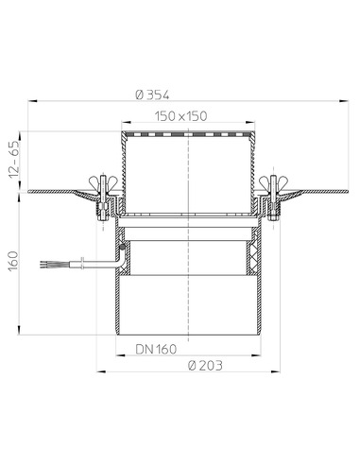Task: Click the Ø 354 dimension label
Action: click(152, 95)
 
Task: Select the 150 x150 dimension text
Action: click(181, 116)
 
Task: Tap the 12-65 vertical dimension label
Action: click(14, 160)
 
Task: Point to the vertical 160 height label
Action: click(13, 261)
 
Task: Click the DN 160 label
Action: click(156, 349)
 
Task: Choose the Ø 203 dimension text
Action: click(205, 366)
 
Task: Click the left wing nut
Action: click(103, 181)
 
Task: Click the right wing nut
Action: click(273, 181)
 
